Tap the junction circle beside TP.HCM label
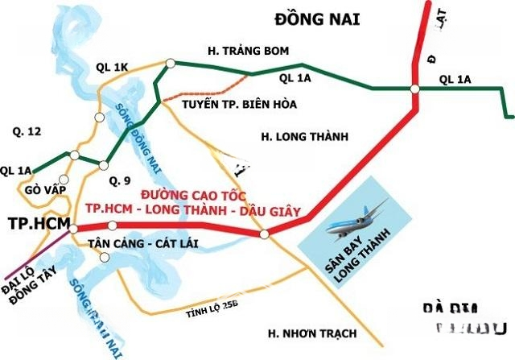pyautogui.click(x=73, y=229)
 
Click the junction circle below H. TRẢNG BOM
pyautogui.click(x=171, y=63)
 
